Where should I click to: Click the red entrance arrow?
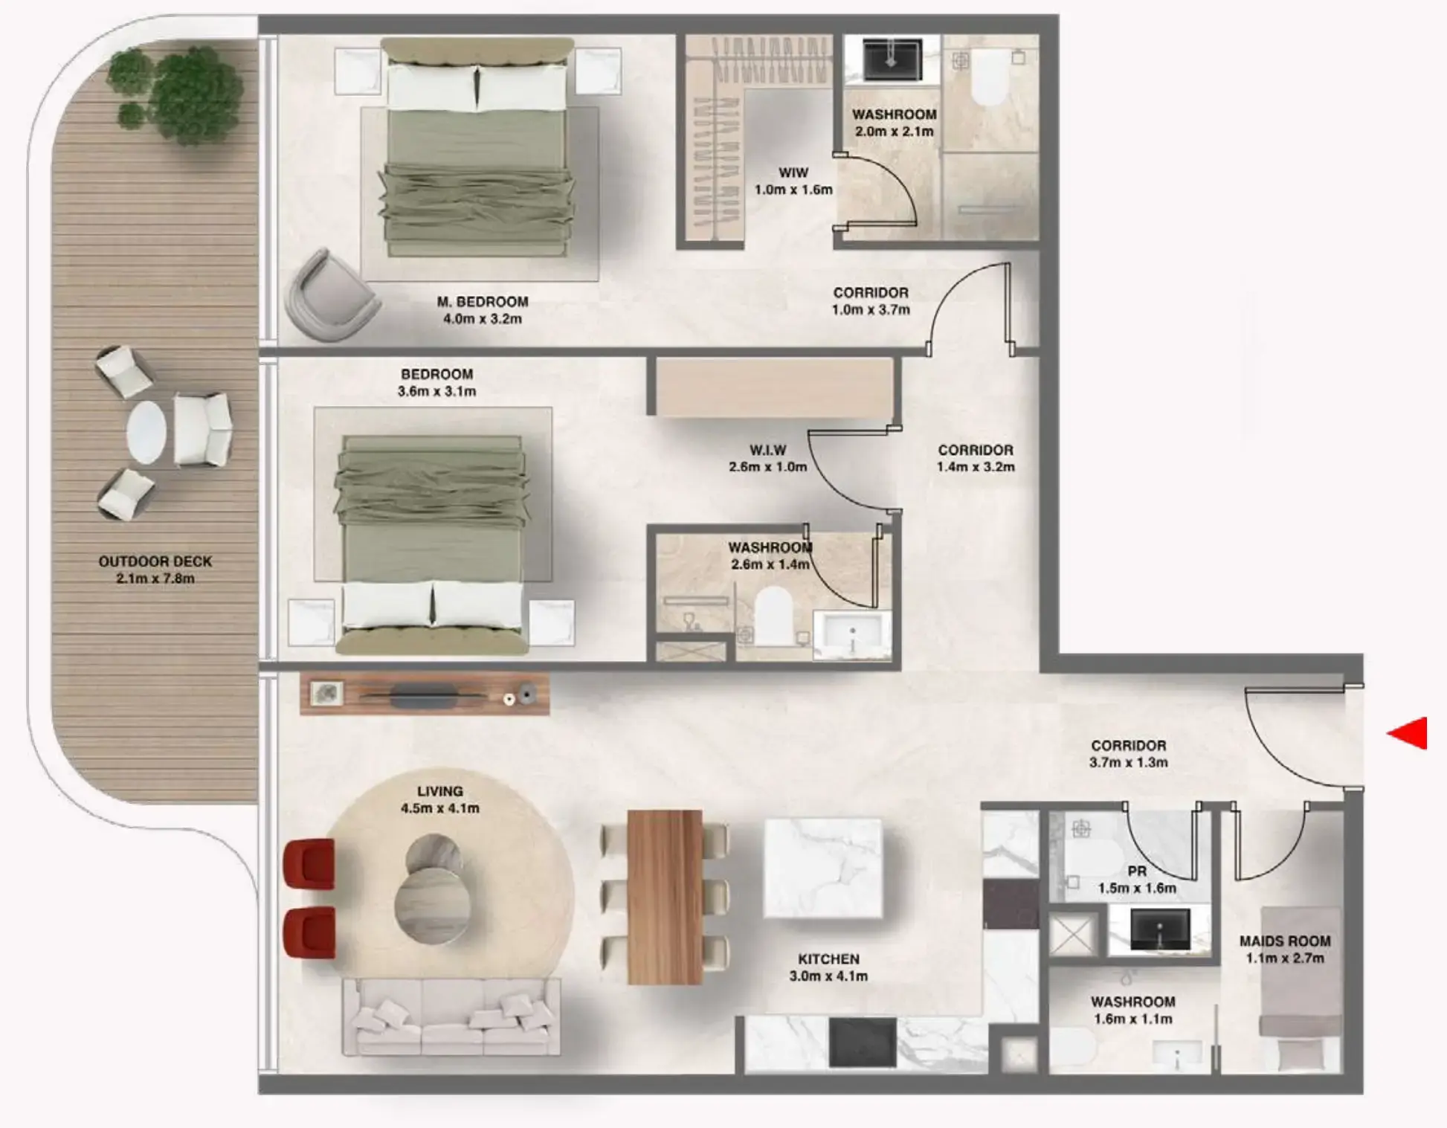1409,733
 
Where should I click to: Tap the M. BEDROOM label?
483,302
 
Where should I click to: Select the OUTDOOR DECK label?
155,561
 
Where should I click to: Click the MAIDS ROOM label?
1284,941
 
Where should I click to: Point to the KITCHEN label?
828,959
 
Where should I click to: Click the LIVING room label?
440,791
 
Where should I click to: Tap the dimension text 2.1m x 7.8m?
155,578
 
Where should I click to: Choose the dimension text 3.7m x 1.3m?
1128,762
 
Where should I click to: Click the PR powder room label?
1137,871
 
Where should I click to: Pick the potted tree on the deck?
178,93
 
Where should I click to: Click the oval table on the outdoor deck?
146,431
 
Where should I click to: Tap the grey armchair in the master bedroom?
330,295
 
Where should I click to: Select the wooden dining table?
665,897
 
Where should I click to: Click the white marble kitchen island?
823,868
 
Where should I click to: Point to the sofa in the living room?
451,1017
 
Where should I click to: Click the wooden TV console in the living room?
424,695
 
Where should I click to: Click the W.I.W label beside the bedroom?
767,450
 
